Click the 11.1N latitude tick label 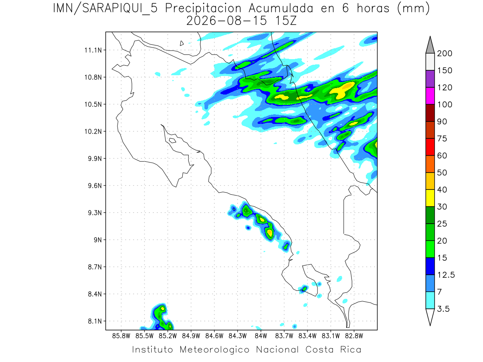click(x=93, y=50)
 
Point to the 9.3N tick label click(x=95, y=213)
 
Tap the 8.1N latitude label click(x=95, y=321)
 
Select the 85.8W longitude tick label click(x=121, y=336)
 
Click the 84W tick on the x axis click(x=261, y=336)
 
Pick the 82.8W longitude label click(x=354, y=336)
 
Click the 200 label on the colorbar click(x=444, y=53)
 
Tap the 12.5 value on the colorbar click(x=446, y=275)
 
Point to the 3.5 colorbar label click(x=443, y=309)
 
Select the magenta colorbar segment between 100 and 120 click(x=430, y=96)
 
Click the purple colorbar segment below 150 click(x=430, y=79)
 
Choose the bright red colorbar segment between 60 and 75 click(x=430, y=147)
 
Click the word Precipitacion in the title click(x=203, y=8)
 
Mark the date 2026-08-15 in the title click(x=227, y=21)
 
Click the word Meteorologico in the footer click(x=215, y=350)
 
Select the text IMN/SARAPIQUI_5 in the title click(x=105, y=8)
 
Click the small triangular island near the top click(x=182, y=43)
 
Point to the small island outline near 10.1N click(x=173, y=140)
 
